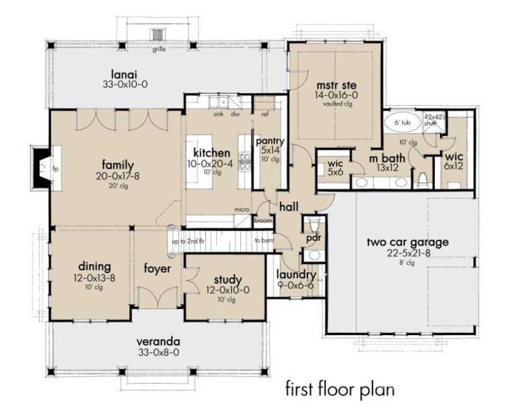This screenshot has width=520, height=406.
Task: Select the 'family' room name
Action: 117,163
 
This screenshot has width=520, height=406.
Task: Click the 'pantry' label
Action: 267,141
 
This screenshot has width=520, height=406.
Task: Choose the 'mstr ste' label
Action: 333,85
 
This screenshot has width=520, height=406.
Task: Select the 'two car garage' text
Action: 408,243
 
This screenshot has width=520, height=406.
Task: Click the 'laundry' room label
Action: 295,275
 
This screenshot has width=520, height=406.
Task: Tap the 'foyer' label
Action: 157,268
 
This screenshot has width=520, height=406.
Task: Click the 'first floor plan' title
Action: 340,389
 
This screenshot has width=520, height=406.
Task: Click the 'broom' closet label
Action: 263,220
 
